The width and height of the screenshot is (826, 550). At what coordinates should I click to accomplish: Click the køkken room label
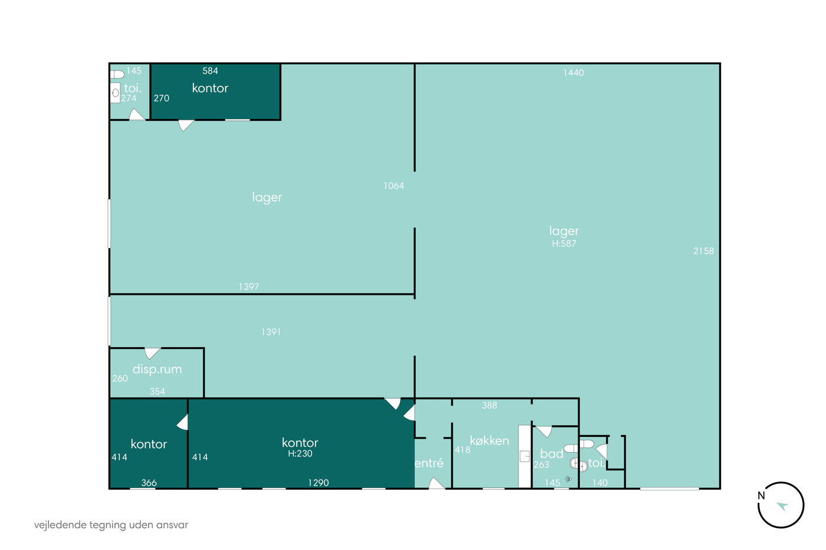tap(489, 440)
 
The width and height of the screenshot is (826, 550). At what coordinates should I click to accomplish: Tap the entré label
tap(429, 463)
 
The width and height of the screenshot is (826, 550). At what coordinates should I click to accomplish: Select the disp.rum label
tap(157, 369)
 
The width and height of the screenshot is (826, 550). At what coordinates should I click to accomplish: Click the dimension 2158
tap(703, 251)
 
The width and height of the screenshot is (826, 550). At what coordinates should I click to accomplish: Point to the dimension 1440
tap(573, 73)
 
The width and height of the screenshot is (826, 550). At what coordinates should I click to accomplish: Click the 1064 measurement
tap(394, 186)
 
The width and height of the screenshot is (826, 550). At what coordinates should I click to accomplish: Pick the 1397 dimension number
tap(249, 286)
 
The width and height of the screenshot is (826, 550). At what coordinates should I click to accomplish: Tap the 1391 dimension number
tap(271, 332)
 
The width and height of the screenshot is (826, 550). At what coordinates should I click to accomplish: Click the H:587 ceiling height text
tap(564, 243)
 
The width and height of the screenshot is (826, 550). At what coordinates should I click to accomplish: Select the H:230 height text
tap(300, 453)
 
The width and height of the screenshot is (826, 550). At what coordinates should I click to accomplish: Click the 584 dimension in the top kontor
tap(210, 71)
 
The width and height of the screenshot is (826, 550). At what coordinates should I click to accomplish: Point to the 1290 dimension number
tap(319, 483)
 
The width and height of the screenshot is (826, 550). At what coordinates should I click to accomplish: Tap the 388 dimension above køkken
tap(490, 405)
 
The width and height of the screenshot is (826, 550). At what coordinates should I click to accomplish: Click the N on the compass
tap(761, 496)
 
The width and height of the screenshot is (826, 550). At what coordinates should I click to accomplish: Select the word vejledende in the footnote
tap(60, 525)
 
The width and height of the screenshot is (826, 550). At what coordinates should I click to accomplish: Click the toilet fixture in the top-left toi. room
tap(117, 74)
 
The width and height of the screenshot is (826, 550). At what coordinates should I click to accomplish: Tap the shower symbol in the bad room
tap(568, 479)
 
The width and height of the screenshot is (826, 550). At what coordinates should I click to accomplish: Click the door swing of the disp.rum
tap(152, 353)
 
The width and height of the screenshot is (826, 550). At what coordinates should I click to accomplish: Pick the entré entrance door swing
tap(437, 483)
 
